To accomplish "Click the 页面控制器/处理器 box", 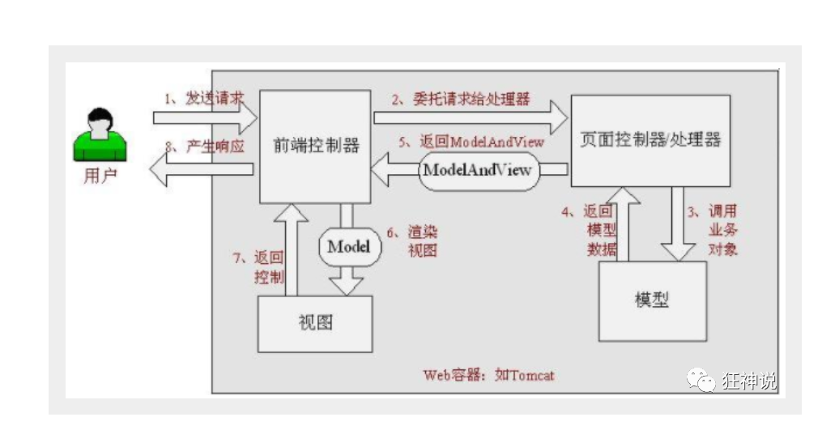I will coord(650,139).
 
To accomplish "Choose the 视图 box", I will coord(315,323).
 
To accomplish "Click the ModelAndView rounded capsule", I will coord(478,170).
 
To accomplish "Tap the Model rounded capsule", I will coord(349,246).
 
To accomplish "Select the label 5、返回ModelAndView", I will coord(471,141).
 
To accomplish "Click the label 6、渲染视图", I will coord(412,241).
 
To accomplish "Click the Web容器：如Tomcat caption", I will coord(488,376).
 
